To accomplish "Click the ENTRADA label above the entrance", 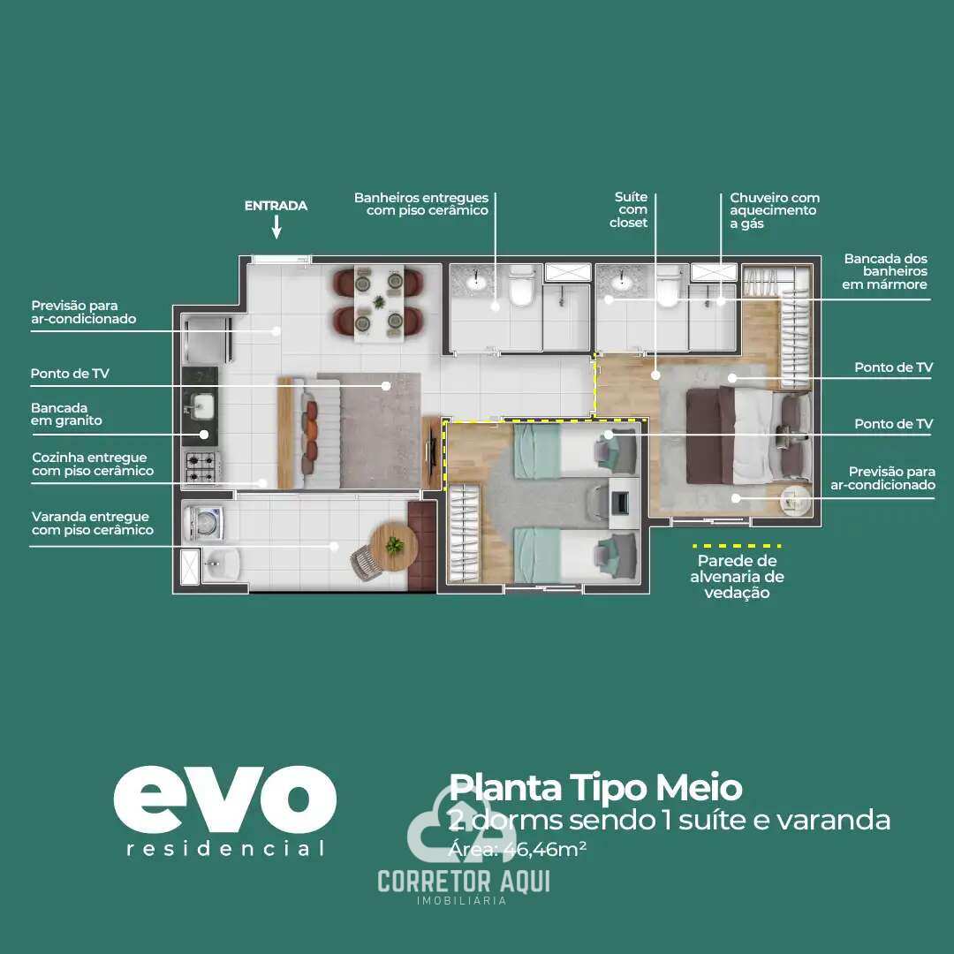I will click(276, 206).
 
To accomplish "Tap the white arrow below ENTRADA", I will click(276, 229).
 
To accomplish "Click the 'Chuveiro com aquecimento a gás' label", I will click(774, 211).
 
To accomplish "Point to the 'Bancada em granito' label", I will click(66, 414).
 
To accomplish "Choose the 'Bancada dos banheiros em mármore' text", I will click(885, 271).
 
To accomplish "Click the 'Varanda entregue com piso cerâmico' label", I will click(91, 523).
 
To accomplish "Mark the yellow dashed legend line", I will click(737, 546).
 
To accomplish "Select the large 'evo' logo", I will click(224, 799).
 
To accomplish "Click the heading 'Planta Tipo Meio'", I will click(594, 787).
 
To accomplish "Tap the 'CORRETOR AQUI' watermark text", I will click(463, 881).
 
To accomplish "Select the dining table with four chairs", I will click(379, 302).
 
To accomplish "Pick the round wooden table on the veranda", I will click(394, 545).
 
